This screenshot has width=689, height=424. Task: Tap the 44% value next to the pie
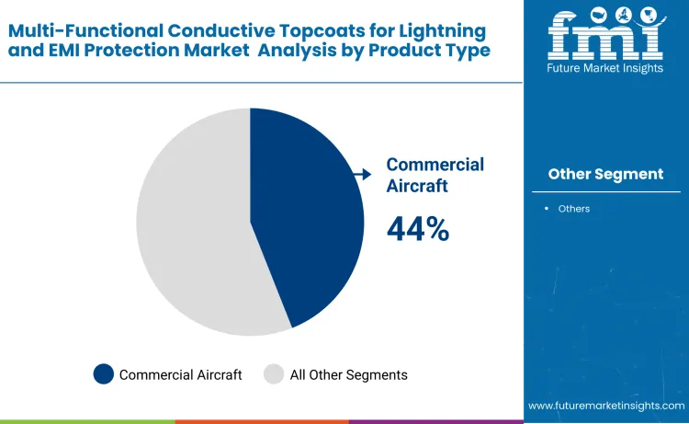(418, 229)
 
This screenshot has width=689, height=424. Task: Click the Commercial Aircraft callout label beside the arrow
(435, 175)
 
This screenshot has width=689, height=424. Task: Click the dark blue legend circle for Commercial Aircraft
(104, 374)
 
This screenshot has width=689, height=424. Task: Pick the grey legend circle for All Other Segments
(274, 374)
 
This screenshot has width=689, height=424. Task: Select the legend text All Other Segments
(348, 374)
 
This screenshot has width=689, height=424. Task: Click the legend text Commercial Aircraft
(180, 374)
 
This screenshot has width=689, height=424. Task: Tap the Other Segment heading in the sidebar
(605, 174)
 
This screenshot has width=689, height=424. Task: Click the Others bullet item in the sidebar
(573, 209)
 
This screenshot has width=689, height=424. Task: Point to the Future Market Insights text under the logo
(605, 69)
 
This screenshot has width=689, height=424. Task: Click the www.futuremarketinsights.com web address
(606, 406)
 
